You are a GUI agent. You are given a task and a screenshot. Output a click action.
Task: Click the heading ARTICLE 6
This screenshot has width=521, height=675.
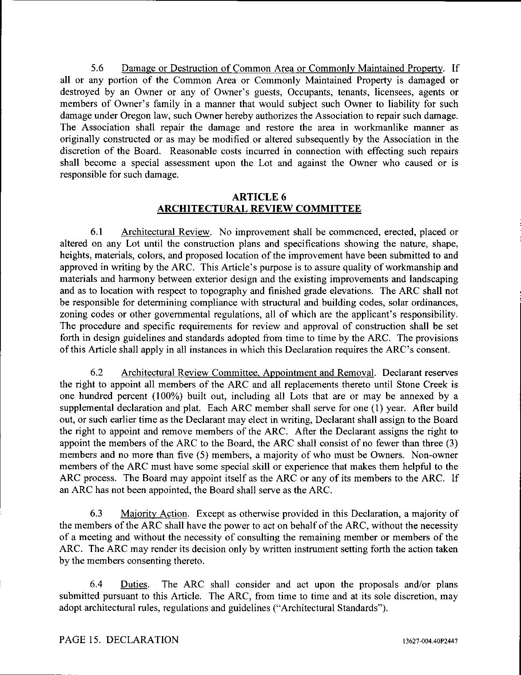click(x=259, y=197)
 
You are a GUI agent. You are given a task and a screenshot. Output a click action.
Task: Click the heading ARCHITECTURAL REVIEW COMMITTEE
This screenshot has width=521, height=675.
click(x=259, y=209)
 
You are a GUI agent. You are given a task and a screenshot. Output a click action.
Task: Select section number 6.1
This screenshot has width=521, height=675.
click(x=97, y=232)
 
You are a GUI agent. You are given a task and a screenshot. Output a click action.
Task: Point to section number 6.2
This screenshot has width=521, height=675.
click(x=97, y=373)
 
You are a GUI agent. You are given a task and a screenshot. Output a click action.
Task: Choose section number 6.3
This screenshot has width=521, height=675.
click(x=97, y=514)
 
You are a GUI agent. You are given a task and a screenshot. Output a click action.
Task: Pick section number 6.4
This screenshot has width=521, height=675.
click(x=97, y=585)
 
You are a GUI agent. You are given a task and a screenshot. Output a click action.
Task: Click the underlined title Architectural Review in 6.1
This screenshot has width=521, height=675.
click(x=166, y=232)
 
